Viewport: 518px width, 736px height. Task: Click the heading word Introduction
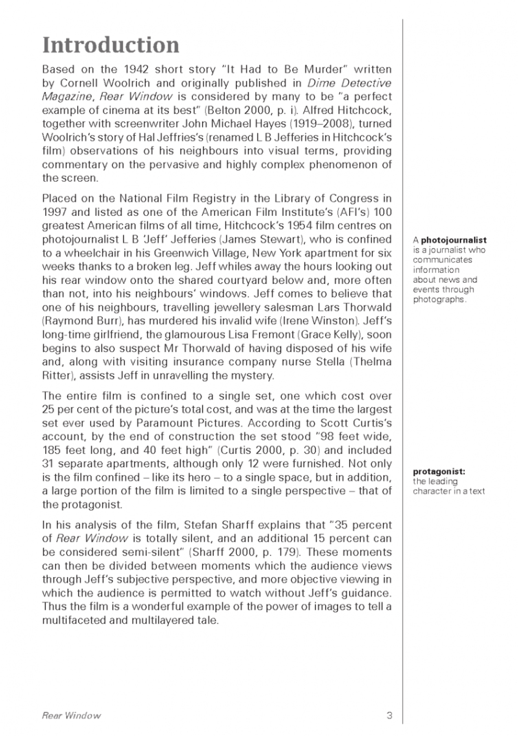point(110,45)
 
